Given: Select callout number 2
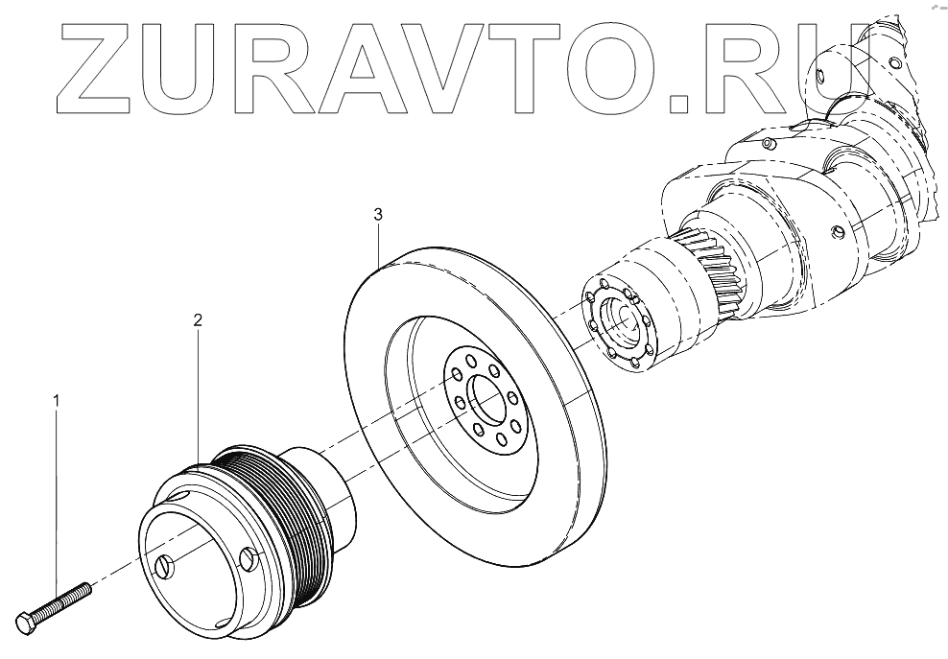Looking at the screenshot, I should (198, 320).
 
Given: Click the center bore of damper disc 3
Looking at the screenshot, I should (486, 403).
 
